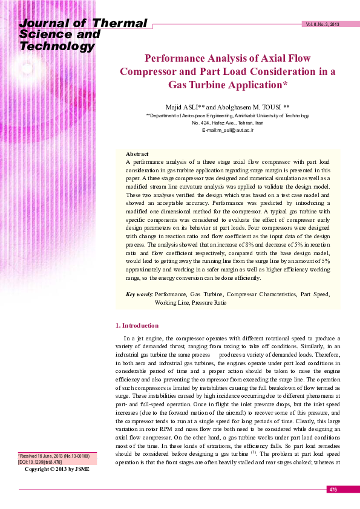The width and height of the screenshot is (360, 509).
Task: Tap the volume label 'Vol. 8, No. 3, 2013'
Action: click(322, 24)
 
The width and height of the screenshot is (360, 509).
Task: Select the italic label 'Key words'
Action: click(139, 294)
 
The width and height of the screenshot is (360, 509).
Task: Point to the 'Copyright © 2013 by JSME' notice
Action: click(56, 469)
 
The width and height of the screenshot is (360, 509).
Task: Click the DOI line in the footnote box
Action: click(39, 461)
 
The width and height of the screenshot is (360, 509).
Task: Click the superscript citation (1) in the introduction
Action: click(255, 451)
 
